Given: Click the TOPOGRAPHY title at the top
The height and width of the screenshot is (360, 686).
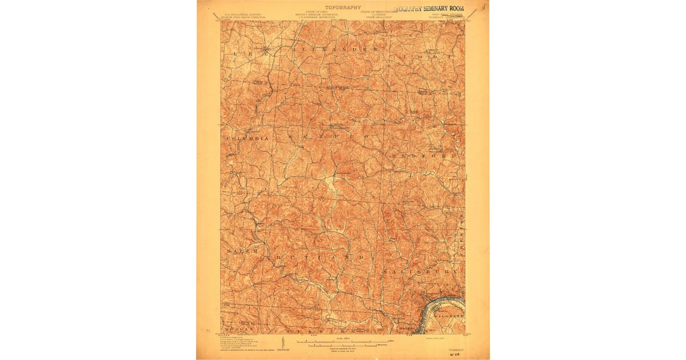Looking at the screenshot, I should [343, 7].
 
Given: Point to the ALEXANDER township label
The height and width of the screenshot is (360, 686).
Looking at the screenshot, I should [335, 50].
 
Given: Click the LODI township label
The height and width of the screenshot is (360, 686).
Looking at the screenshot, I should [428, 57].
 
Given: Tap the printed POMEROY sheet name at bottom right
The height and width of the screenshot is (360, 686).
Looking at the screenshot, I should [456, 346].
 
